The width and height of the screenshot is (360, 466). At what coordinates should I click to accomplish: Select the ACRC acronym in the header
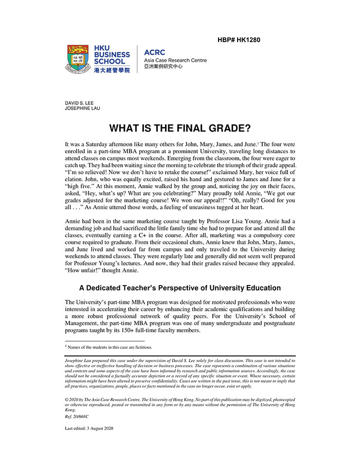point(155,53)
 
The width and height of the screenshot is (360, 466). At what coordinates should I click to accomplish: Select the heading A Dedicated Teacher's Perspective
point(179,288)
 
